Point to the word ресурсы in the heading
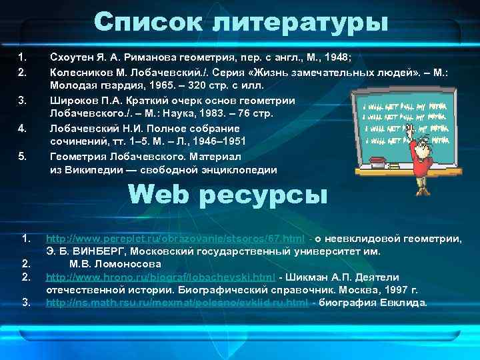coord(270,195)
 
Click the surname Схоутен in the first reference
coord(73,56)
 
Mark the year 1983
coord(209,115)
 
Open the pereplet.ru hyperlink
coord(176,238)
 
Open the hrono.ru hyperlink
coord(161,277)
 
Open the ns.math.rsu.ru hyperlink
coord(177,303)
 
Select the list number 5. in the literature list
coord(22,156)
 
